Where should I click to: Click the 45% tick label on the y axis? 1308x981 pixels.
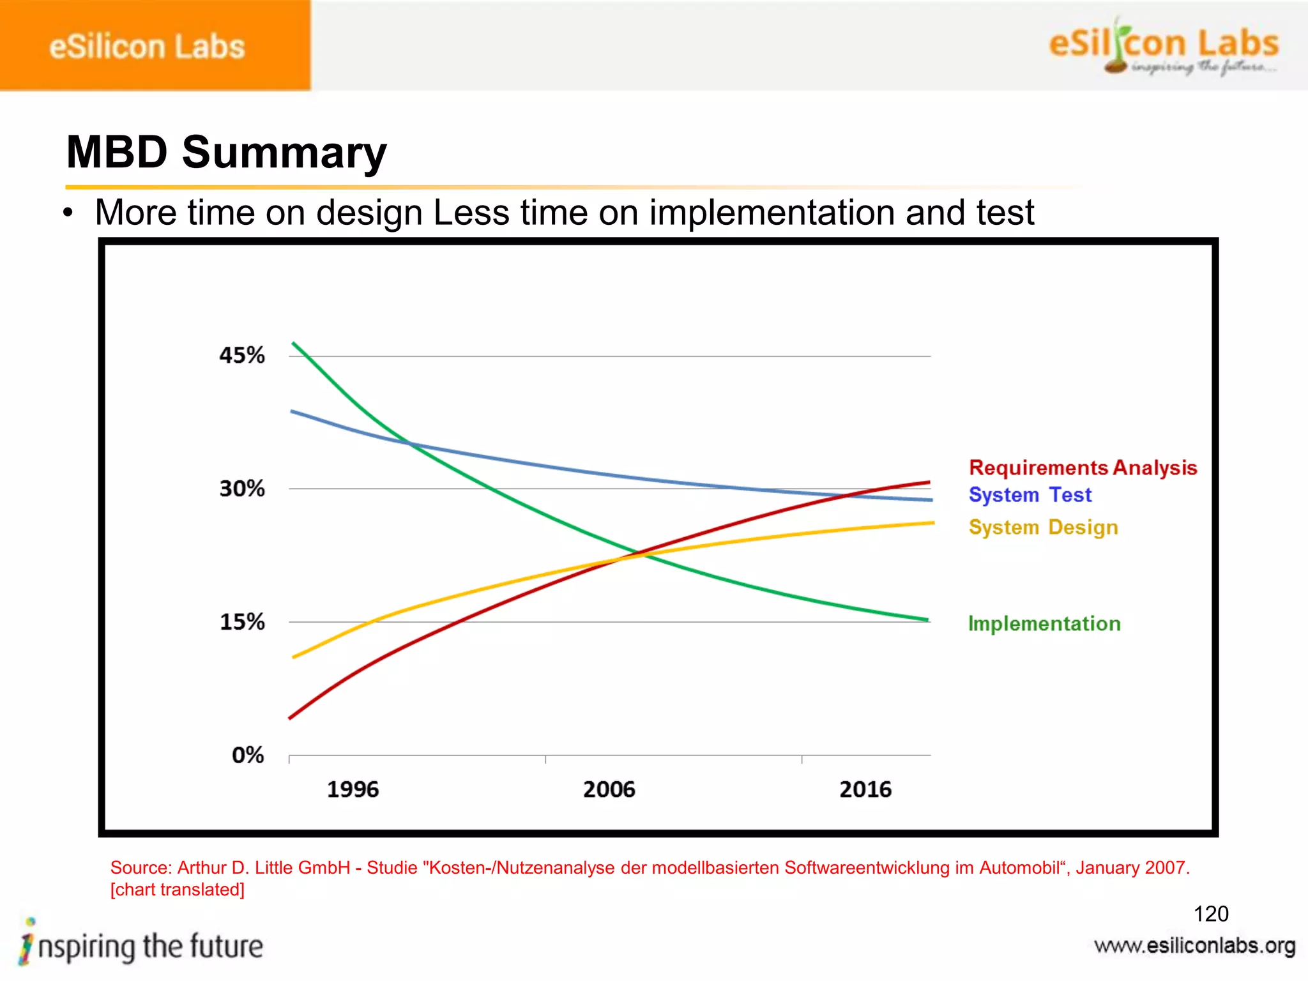pyautogui.click(x=241, y=355)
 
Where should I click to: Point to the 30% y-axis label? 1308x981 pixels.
pyautogui.click(x=241, y=489)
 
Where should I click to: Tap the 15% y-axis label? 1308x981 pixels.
pyautogui.click(x=241, y=621)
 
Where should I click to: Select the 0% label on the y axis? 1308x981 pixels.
pyautogui.click(x=248, y=755)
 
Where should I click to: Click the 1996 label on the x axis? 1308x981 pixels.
pyautogui.click(x=353, y=789)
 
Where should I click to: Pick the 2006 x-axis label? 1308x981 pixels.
pyautogui.click(x=609, y=789)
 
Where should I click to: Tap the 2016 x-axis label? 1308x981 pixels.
pyautogui.click(x=865, y=789)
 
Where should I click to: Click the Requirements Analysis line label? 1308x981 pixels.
pyautogui.click(x=1083, y=468)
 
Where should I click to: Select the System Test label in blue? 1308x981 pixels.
pyautogui.click(x=1030, y=495)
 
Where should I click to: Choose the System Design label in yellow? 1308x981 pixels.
pyautogui.click(x=1043, y=528)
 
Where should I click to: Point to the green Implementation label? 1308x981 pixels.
pyautogui.click(x=1044, y=623)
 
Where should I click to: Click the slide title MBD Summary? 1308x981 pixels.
pyautogui.click(x=226, y=153)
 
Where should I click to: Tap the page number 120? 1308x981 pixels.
pyautogui.click(x=1210, y=914)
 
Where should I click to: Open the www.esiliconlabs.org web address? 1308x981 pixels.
pyautogui.click(x=1194, y=946)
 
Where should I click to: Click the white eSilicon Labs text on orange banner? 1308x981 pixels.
pyautogui.click(x=147, y=47)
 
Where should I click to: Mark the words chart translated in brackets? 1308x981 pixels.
pyautogui.click(x=178, y=890)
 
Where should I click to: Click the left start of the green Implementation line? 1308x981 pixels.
pyautogui.click(x=294, y=344)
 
